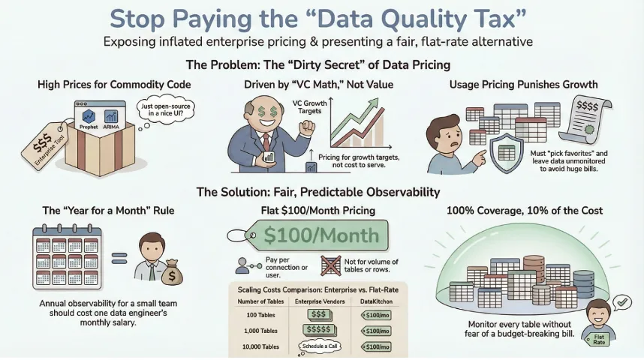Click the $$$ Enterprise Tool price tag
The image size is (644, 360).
point(44,145)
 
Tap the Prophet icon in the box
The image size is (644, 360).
point(89,116)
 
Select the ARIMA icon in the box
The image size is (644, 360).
point(111,116)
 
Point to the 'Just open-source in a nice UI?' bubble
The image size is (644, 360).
point(166,109)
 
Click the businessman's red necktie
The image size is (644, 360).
point(266,142)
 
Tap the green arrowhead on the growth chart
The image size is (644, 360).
point(373,103)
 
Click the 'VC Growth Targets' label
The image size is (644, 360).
point(310,107)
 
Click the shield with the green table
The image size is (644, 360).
point(507,153)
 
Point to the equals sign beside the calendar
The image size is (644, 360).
point(119,258)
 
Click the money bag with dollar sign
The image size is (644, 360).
point(172,273)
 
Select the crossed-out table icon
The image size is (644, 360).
point(330,265)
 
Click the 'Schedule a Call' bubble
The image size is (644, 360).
point(320,346)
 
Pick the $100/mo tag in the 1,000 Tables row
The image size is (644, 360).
point(376,331)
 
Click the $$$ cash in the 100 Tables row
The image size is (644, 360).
point(319,315)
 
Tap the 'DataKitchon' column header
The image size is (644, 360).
point(376,301)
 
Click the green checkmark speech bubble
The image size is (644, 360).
point(621,303)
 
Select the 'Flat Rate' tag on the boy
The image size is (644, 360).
point(598,340)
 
